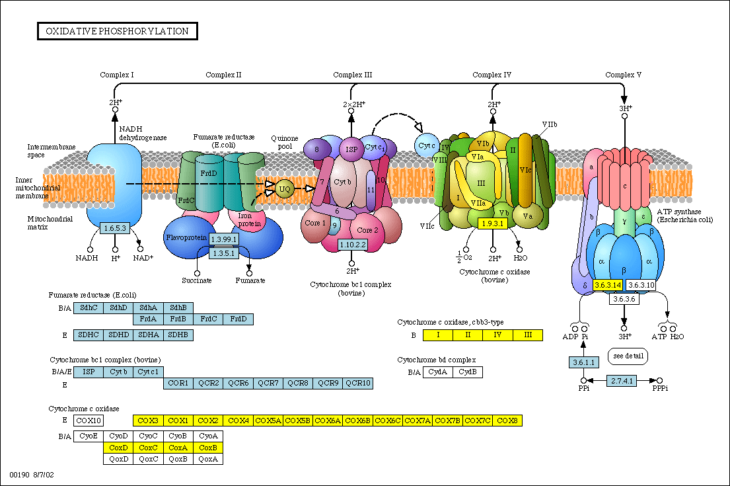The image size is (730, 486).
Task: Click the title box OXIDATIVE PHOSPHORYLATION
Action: click(117, 31)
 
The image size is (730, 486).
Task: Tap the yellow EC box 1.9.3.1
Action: click(492, 223)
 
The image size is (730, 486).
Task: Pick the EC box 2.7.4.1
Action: click(622, 380)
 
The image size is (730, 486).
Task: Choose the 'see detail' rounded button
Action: click(628, 356)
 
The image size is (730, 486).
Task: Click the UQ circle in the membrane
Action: click(285, 188)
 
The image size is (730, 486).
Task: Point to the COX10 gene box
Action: click(88, 420)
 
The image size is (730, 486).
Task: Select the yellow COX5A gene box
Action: click(268, 420)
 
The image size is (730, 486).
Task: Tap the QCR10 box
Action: click(358, 383)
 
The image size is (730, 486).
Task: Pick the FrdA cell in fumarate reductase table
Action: click(149, 319)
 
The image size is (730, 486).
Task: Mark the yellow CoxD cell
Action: click(118, 448)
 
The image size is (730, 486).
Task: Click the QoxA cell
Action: click(208, 459)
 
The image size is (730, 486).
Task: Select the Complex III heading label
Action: click(352, 75)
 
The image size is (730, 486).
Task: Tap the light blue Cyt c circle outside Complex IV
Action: click(427, 145)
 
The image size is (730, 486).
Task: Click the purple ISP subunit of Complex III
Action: click(351, 149)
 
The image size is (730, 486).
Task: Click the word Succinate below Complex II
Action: click(197, 280)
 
